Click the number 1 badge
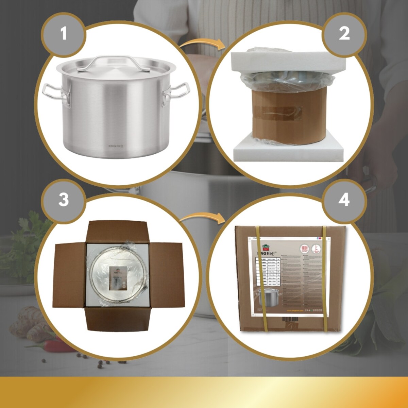[63, 34]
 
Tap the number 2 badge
[344, 34]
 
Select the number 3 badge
[63, 200]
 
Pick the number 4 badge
[344, 200]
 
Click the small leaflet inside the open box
[117, 278]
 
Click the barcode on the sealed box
[290, 320]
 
